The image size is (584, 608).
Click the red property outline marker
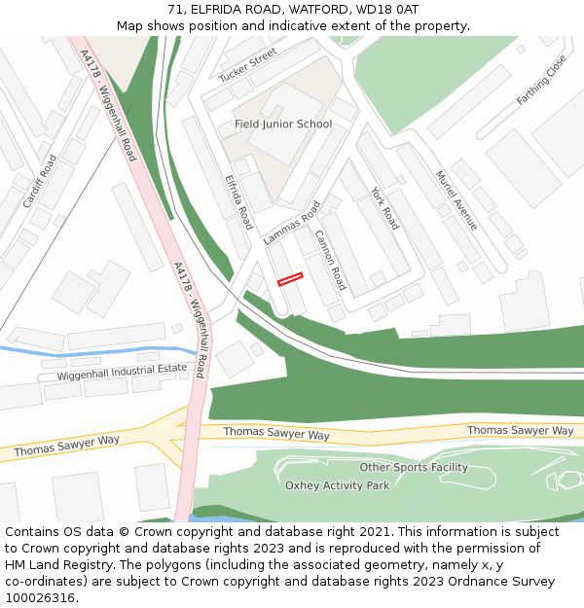pos(290,279)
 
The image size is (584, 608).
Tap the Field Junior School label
pos(283,125)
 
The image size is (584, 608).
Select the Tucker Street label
pos(248,66)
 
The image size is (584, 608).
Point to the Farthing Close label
pos(541,80)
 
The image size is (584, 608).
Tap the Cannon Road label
pos(330,260)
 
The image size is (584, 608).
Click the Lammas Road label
pos(291,224)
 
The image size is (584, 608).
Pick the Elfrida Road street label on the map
pos(238,201)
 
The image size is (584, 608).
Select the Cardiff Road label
pos(40,181)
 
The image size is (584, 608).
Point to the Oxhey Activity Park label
pos(337,485)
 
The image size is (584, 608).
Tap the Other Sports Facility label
pos(414,468)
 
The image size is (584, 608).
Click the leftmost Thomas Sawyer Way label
pos(67,446)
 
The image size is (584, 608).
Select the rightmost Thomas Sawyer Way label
pos(520,430)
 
